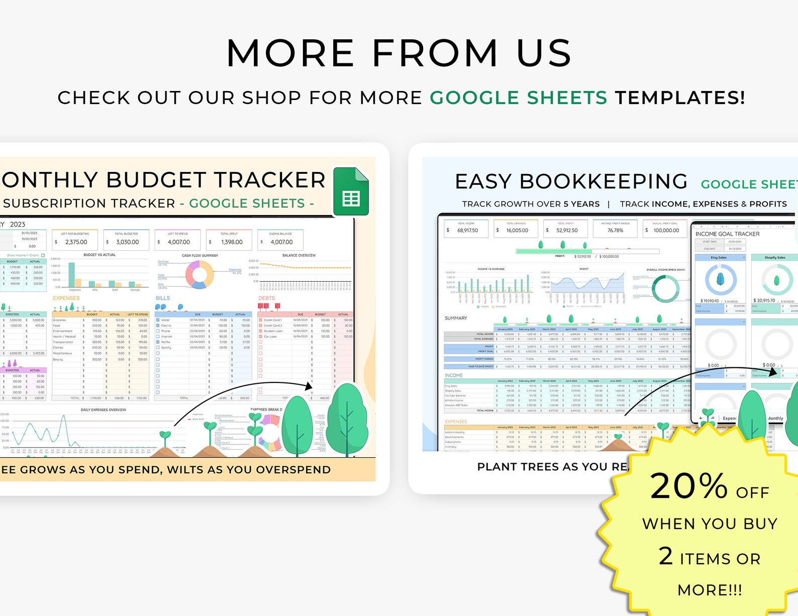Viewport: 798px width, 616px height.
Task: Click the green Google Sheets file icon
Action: click(x=351, y=192)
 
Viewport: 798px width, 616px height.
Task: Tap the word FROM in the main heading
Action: click(x=435, y=53)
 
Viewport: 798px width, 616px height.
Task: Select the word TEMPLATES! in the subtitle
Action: click(x=680, y=97)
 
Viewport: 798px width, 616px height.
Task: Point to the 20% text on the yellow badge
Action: click(x=689, y=486)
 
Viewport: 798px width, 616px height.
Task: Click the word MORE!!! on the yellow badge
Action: click(x=710, y=589)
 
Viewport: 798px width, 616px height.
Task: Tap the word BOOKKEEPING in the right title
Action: click(x=603, y=181)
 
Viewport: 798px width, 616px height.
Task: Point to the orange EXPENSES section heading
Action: click(x=66, y=298)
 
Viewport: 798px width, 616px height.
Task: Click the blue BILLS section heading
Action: click(x=163, y=298)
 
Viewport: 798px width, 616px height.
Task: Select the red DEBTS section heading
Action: click(x=267, y=298)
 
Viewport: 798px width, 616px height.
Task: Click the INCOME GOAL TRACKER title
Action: click(x=727, y=234)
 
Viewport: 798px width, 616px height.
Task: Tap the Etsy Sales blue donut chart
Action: click(x=721, y=279)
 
